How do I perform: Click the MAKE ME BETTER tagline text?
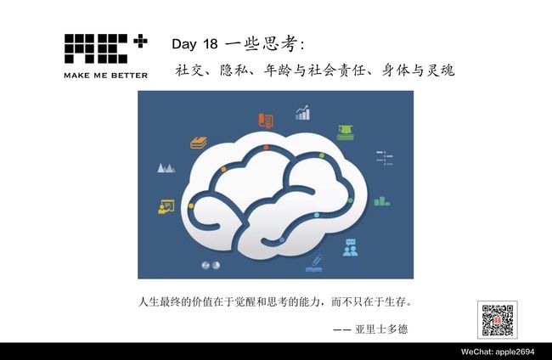(105, 76)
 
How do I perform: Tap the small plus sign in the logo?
(140, 41)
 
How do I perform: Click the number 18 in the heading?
(210, 44)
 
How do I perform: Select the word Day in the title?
(184, 45)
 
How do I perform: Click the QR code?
(498, 320)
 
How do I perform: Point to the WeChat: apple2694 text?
(498, 352)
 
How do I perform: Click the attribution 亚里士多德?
(381, 329)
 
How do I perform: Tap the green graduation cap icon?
(346, 132)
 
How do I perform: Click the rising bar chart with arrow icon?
(303, 113)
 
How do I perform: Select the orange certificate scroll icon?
(266, 121)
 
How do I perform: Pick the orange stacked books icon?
(199, 143)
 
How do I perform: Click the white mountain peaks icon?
(166, 168)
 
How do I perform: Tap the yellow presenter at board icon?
(166, 207)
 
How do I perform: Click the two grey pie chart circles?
(211, 265)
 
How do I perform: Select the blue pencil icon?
(314, 264)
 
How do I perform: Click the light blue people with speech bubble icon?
(350, 247)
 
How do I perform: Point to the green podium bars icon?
(382, 201)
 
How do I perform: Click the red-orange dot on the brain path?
(266, 148)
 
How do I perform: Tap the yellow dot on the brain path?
(191, 205)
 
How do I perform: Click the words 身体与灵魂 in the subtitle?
(418, 70)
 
